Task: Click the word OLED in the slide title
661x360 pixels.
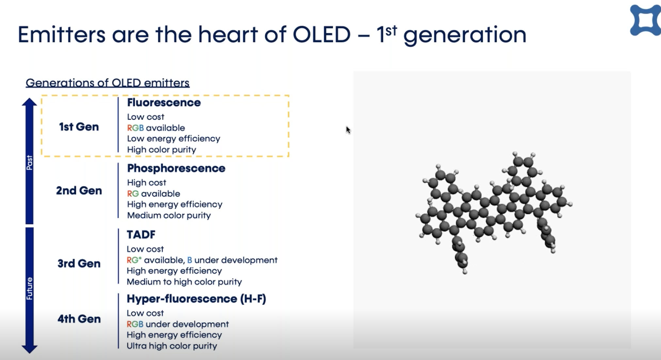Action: pyautogui.click(x=321, y=34)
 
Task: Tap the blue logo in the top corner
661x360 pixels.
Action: pyautogui.click(x=645, y=20)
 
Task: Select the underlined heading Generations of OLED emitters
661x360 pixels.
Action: pyautogui.click(x=107, y=83)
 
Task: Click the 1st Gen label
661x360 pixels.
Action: pyautogui.click(x=79, y=127)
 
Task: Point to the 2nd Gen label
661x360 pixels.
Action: pyautogui.click(x=79, y=190)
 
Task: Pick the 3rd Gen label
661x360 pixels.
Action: pyautogui.click(x=79, y=263)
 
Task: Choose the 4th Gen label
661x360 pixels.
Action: pyautogui.click(x=79, y=319)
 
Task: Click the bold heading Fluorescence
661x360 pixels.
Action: pyautogui.click(x=164, y=102)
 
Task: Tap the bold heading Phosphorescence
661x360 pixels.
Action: pyautogui.click(x=176, y=168)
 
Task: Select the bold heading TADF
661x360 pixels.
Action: pyautogui.click(x=141, y=234)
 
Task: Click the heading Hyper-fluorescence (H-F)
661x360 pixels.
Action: pyautogui.click(x=196, y=299)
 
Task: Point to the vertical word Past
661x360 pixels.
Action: pyautogui.click(x=29, y=162)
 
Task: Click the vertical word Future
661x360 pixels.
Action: pyautogui.click(x=29, y=289)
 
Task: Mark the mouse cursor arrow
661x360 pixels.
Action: pyautogui.click(x=348, y=130)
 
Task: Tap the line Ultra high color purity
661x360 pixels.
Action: pyautogui.click(x=172, y=346)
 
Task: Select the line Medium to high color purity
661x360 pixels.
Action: pyautogui.click(x=184, y=282)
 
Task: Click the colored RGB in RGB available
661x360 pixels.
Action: pyautogui.click(x=135, y=128)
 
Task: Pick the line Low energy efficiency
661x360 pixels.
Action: pyautogui.click(x=173, y=138)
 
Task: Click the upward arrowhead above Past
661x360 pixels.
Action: pyautogui.click(x=29, y=102)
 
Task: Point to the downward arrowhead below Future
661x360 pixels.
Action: pyautogui.click(x=29, y=349)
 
